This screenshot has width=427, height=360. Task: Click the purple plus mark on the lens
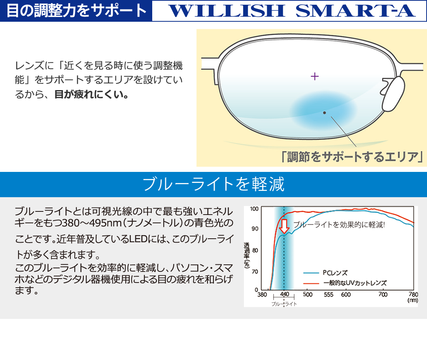(x=315, y=76)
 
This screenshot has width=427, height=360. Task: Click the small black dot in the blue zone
(x=324, y=113)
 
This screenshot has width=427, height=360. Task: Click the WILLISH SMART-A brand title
(x=292, y=11)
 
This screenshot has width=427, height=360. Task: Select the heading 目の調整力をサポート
(x=77, y=11)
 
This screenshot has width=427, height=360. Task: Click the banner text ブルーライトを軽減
(x=213, y=184)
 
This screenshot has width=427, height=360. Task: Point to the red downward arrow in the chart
(x=284, y=226)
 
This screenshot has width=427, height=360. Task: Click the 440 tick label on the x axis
(x=284, y=294)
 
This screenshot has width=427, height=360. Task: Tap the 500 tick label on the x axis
(x=308, y=294)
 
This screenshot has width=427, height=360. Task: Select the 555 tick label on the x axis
(x=329, y=294)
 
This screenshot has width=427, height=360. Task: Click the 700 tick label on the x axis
(x=383, y=294)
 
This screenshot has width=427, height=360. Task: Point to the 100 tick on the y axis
(x=254, y=209)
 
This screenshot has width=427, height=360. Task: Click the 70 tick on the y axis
(x=255, y=271)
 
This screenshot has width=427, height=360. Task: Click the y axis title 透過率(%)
(x=247, y=255)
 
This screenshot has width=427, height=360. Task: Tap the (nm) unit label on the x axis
(x=412, y=300)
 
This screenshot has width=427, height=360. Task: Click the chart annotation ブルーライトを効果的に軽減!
(x=339, y=225)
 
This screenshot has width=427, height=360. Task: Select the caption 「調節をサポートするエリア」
(x=352, y=157)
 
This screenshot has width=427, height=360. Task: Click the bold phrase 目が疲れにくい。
(x=92, y=94)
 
